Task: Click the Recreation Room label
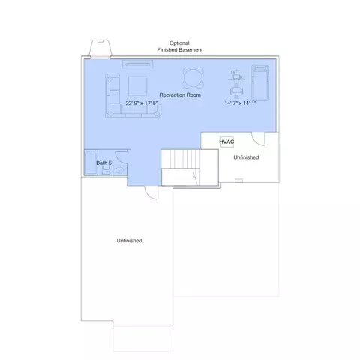(x=180, y=95)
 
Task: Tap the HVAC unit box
(x=227, y=142)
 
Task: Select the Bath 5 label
(x=104, y=163)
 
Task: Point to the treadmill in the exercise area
(x=260, y=83)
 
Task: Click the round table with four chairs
(x=193, y=78)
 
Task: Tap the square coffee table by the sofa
(x=138, y=86)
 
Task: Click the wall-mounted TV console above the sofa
(x=138, y=64)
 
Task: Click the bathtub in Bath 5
(x=91, y=163)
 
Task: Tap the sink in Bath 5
(x=120, y=170)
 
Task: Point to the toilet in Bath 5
(x=106, y=171)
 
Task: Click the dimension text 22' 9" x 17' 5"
(x=141, y=103)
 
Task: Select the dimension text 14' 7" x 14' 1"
(x=241, y=103)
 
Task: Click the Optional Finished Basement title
(x=180, y=46)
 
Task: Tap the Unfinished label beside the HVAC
(x=246, y=157)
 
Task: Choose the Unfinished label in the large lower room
(x=129, y=241)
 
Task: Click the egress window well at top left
(x=100, y=49)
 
